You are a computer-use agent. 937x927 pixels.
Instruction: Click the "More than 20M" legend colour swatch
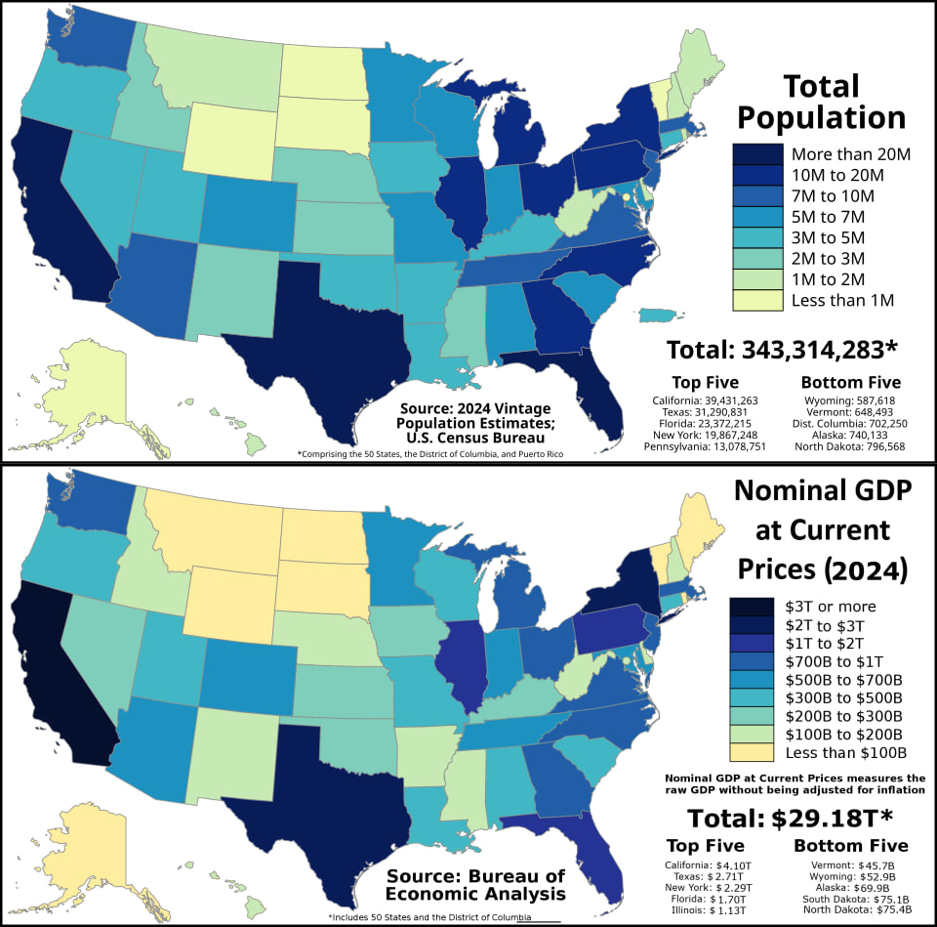point(757,153)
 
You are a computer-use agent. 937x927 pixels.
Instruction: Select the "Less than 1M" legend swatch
point(757,300)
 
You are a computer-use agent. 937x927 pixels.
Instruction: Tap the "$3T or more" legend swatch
point(752,607)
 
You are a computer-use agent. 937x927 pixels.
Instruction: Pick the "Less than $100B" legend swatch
point(752,752)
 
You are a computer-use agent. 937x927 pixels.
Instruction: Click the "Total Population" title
point(822,102)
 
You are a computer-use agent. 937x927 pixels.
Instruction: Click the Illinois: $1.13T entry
point(705,910)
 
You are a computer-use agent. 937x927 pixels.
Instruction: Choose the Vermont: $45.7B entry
point(853,865)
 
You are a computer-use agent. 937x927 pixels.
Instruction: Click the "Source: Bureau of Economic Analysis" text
point(475,885)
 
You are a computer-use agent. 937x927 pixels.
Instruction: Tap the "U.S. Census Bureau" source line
point(475,438)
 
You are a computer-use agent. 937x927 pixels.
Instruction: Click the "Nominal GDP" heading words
point(823,490)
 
